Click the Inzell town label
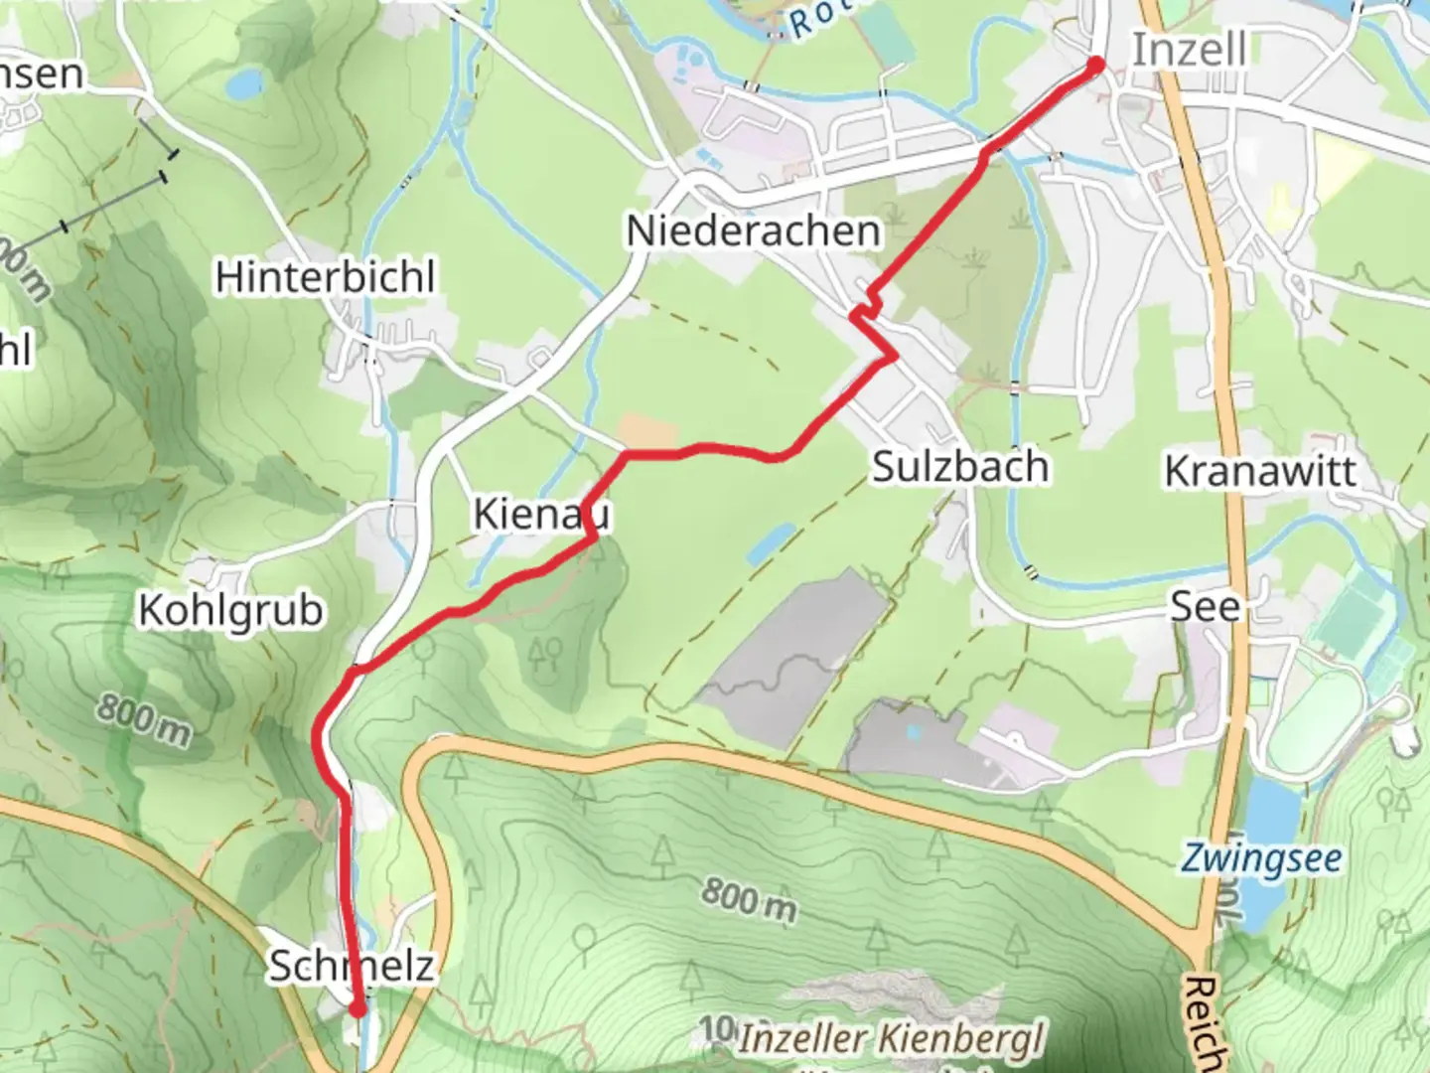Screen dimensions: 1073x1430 [1189, 50]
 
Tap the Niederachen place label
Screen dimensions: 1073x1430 [753, 231]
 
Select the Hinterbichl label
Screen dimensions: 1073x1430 [326, 277]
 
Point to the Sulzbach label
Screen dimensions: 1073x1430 [960, 467]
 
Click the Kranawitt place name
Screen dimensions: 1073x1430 [1260, 471]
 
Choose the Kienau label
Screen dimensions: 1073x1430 [541, 515]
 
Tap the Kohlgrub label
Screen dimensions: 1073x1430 [230, 610]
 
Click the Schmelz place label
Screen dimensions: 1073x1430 [352, 966]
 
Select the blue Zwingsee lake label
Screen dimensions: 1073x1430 [1261, 858]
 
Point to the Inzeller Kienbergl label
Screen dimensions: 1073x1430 [891, 1039]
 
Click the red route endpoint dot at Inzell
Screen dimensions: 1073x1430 [1096, 66]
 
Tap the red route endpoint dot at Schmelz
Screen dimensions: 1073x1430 [357, 1009]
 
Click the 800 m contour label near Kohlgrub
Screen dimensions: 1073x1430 [144, 719]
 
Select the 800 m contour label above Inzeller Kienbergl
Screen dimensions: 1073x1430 [750, 900]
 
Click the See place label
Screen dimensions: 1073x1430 [1205, 606]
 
